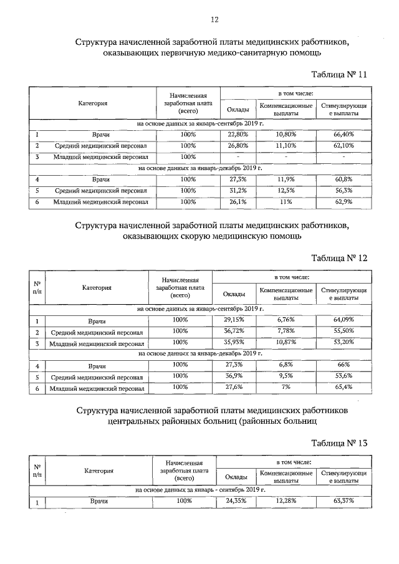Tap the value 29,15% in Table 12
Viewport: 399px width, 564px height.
236,320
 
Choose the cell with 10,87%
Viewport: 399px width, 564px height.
286,342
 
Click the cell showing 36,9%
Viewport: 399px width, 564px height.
236,376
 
